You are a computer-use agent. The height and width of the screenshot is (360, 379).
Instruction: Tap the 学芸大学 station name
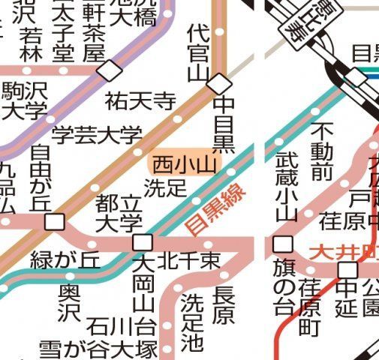pyautogui.click(x=97, y=136)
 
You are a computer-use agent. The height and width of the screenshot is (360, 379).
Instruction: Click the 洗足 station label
pyautogui.click(x=165, y=187)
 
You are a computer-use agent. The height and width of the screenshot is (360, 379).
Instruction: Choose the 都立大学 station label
pyautogui.click(x=120, y=212)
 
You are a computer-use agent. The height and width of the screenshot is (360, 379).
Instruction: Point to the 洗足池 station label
pyautogui.click(x=192, y=322)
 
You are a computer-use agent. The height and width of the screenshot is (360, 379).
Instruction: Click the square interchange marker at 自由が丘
pyautogui.click(x=53, y=222)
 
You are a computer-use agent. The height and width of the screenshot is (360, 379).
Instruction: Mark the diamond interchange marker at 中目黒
pyautogui.click(x=218, y=82)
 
